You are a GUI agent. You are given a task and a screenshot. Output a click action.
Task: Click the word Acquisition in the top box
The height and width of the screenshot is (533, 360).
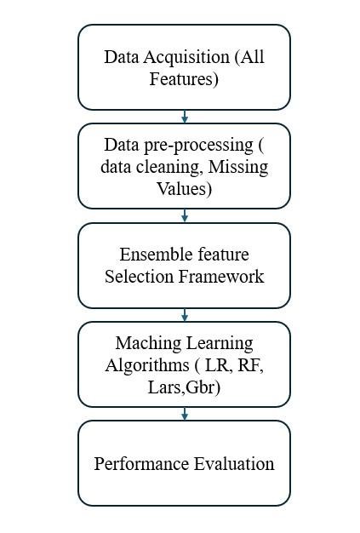(186, 57)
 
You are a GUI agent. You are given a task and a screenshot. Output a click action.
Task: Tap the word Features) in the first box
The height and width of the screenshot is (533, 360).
(184, 79)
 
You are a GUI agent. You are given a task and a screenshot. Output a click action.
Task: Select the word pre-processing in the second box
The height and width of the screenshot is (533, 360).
(198, 146)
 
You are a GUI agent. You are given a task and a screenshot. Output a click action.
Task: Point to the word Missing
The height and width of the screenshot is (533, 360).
(238, 167)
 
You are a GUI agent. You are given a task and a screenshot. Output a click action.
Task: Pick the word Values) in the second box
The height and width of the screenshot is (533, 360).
(184, 189)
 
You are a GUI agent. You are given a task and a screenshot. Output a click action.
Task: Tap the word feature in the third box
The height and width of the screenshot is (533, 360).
(223, 255)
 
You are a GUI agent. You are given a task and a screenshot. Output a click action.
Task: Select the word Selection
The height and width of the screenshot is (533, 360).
(139, 277)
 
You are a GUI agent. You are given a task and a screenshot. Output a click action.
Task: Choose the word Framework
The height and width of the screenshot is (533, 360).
(221, 277)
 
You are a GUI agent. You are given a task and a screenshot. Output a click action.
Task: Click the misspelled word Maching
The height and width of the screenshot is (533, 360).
(148, 344)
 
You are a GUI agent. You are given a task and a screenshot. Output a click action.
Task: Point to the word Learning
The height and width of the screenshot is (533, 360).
(220, 344)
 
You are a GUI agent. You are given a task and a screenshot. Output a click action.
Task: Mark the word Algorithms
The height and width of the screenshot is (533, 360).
(147, 365)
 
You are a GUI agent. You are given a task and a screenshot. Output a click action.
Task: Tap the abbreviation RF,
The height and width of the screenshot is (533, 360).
(251, 366)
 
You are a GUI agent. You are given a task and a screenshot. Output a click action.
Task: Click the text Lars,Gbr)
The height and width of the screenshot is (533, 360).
(184, 387)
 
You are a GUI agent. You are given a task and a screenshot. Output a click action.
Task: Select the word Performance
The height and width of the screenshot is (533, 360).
(141, 464)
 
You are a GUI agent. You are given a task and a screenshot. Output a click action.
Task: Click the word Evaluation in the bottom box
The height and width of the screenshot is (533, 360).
(234, 464)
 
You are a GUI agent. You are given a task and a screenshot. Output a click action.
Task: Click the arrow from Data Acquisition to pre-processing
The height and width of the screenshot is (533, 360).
(185, 117)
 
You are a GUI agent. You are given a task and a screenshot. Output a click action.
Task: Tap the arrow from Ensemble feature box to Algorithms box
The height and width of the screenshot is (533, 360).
(185, 315)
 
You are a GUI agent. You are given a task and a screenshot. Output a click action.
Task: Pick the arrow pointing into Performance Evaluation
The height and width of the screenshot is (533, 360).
(185, 414)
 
